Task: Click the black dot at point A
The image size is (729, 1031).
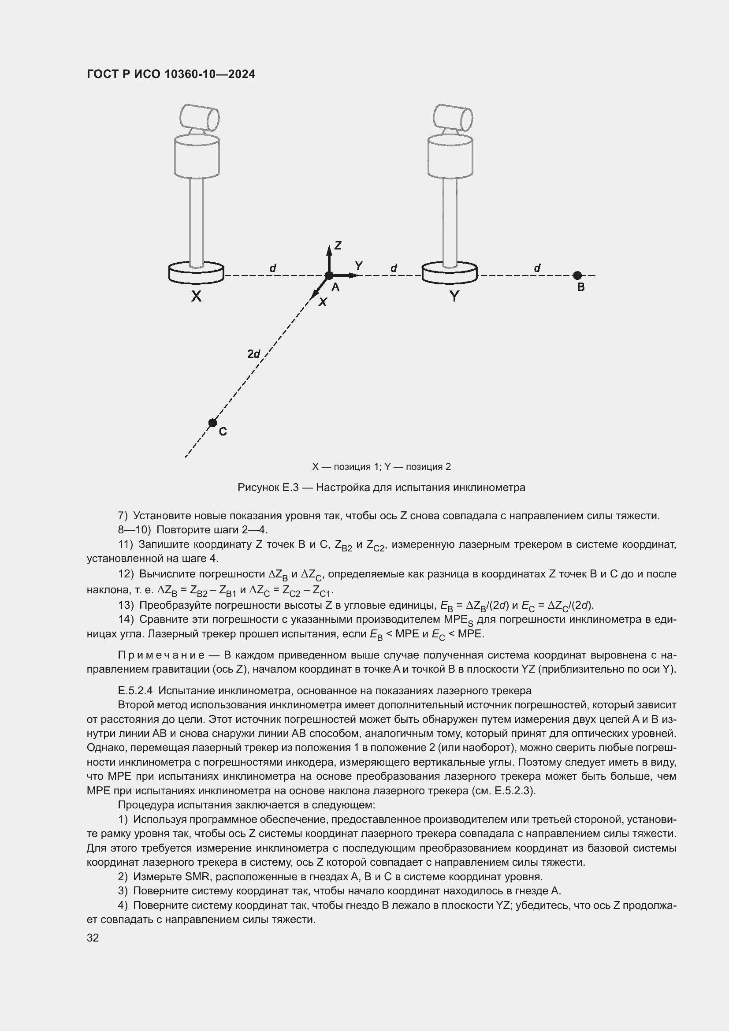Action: coord(329,275)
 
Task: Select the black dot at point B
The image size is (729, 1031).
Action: coord(577,275)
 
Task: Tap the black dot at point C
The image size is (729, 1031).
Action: coord(213,423)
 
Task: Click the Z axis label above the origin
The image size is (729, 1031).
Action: coord(338,245)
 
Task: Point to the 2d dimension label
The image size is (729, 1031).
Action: coord(253,354)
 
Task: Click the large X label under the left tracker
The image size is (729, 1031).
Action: coord(196,296)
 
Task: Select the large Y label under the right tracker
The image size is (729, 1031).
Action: coord(454,296)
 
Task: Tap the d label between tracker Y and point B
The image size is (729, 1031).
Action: coord(537,268)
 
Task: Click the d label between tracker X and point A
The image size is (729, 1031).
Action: coord(272,268)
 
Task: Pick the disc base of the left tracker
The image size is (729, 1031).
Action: coord(196,273)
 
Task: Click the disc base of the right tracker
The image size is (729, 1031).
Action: coord(449,273)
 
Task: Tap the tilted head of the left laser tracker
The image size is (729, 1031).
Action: coord(199,117)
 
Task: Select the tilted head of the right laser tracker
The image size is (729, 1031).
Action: coord(453,117)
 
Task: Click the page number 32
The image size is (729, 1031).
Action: coord(93,938)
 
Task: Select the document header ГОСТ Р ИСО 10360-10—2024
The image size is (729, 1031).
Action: coord(171,74)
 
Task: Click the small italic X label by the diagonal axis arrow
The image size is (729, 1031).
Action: coord(323,303)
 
